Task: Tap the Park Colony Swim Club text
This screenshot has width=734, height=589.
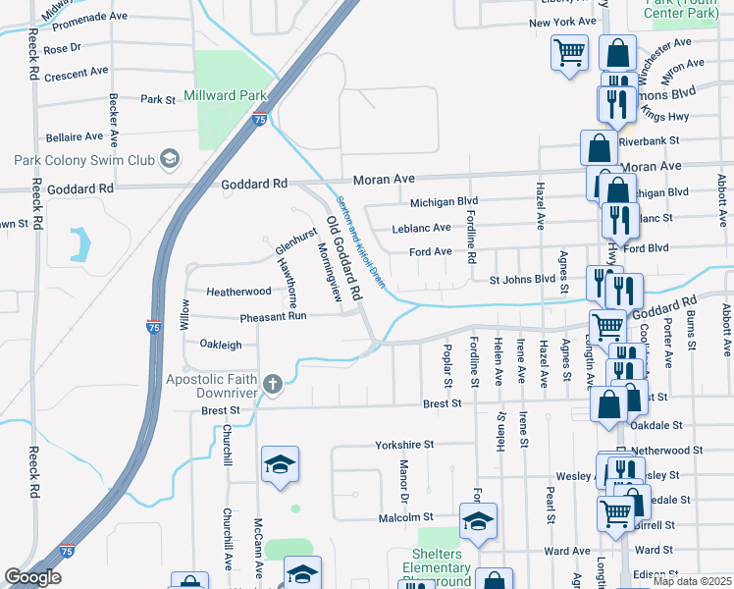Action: click(x=84, y=159)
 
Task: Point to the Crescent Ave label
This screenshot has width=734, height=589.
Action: click(x=76, y=73)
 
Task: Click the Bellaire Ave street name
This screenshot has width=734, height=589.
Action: click(x=74, y=136)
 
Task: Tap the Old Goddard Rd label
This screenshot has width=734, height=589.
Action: click(x=344, y=254)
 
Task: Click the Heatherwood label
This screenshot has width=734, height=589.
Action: click(x=237, y=292)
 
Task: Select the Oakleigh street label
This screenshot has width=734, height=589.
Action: click(x=221, y=345)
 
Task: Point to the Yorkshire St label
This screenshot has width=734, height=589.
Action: click(x=404, y=445)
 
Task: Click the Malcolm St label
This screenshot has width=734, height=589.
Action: click(x=406, y=516)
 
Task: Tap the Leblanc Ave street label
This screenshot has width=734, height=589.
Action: click(x=421, y=227)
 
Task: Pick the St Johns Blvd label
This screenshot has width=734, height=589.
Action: click(x=522, y=279)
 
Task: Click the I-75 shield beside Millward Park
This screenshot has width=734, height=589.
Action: click(x=259, y=119)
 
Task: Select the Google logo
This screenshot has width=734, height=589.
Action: click(x=32, y=577)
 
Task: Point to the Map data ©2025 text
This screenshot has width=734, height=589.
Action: click(x=691, y=581)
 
